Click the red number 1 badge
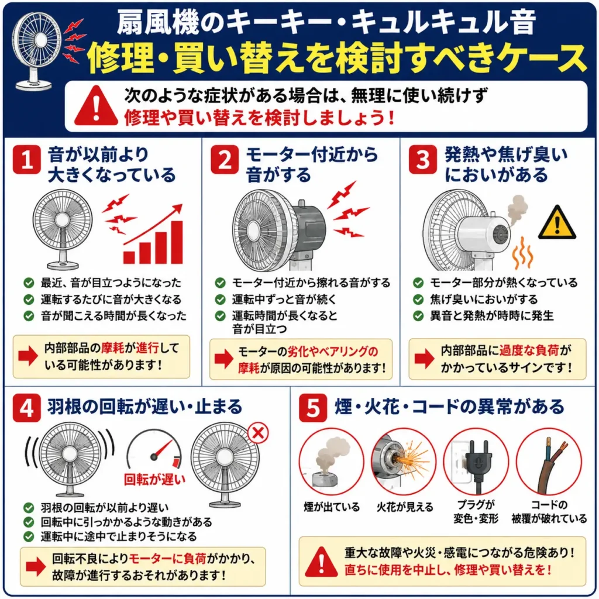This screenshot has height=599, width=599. point(27,160)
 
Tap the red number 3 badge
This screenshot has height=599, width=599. point(422,160)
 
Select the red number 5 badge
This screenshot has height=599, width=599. point(313,408)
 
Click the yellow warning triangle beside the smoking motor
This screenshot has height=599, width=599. point(557,223)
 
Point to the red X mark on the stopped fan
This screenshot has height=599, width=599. point(258,433)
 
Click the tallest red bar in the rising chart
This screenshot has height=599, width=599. point(177,242)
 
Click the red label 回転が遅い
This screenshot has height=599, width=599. point(154,479)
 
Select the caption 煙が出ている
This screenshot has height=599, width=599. point(332,507)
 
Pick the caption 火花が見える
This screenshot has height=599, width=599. point(405,507)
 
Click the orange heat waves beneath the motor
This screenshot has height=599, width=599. point(522,253)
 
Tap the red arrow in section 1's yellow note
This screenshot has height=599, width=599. point(28,356)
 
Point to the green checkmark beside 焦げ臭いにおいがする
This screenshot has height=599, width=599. point(418,299)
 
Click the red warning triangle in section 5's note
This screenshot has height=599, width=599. point(322,561)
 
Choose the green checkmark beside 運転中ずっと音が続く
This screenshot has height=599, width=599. point(220,299)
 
